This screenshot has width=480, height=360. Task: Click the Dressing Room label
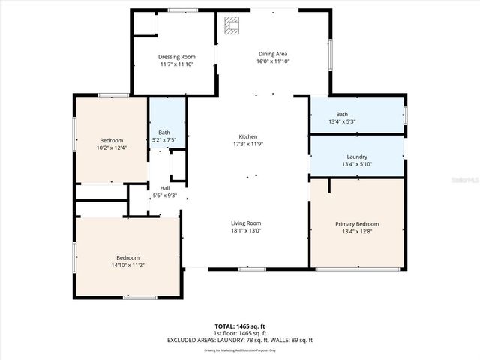point(177,57)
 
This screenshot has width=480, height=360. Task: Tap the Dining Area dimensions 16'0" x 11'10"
point(273,61)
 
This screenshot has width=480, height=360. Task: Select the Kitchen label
point(248,136)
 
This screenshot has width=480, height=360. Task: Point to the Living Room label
point(245,223)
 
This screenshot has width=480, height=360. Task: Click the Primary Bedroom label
point(357,224)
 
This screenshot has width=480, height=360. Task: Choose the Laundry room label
point(357,157)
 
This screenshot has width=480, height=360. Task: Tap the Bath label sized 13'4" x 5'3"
point(342,114)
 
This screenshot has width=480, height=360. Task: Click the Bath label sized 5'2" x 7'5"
point(163,133)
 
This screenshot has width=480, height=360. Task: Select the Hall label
point(164,188)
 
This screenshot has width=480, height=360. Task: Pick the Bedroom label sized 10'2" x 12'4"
point(112,140)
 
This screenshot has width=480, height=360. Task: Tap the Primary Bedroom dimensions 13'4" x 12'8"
point(357,232)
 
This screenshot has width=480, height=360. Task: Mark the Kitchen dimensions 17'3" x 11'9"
point(248,144)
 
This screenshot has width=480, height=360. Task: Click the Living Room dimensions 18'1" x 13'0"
point(245,230)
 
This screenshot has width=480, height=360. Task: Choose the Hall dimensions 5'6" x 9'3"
point(164,196)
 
